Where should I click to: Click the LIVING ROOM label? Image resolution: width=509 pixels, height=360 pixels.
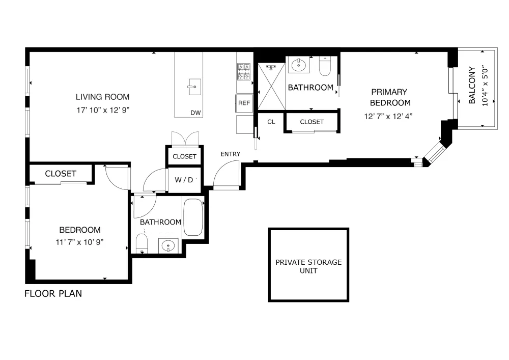[x=103, y=97]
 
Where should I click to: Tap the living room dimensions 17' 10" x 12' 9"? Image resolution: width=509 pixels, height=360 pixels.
[x=103, y=110]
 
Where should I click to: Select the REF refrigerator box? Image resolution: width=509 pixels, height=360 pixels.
[x=244, y=103]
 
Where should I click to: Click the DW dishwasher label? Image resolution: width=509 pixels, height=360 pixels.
[x=195, y=113]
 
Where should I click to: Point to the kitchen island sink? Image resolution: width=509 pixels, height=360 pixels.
[x=194, y=87]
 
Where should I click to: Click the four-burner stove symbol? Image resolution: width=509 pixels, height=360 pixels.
[x=244, y=72]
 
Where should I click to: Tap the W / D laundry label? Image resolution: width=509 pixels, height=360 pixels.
[x=184, y=180]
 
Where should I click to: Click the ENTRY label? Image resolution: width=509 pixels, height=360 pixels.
[x=231, y=154]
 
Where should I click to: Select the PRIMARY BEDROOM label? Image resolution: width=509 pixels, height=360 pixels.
[x=390, y=97]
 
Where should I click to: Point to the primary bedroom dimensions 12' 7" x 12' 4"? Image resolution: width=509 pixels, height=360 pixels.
[x=388, y=116]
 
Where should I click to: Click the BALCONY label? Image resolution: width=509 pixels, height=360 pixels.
[x=472, y=86]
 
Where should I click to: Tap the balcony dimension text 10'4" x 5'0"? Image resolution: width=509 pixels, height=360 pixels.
[x=485, y=86]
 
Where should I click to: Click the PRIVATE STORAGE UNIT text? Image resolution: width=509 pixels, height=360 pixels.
[x=308, y=266]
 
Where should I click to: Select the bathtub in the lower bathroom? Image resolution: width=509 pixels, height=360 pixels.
[x=193, y=217]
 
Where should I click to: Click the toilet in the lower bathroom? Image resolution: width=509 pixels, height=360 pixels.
[x=142, y=243]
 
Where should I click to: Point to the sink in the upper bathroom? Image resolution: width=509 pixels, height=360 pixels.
[x=299, y=66]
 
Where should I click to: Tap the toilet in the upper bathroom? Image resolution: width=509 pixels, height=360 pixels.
[x=325, y=66]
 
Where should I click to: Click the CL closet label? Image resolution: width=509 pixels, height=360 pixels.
[x=271, y=122]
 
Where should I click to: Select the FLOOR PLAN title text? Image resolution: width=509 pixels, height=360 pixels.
[x=53, y=293]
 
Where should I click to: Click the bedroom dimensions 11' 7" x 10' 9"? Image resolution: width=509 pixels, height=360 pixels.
[x=79, y=242]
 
